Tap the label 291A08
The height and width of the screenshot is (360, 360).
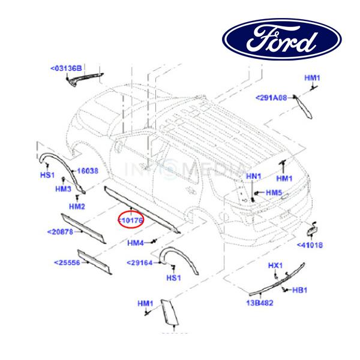[x=272, y=97]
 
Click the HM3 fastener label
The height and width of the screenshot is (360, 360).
[x=62, y=189]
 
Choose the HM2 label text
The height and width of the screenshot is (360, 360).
[x=77, y=206]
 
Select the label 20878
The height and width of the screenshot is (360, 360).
[x=60, y=232]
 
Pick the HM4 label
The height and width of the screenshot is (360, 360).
[x=136, y=243]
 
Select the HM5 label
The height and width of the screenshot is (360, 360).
[x=274, y=193]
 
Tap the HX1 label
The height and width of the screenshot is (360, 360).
[x=275, y=265]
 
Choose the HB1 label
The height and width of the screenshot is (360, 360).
[x=299, y=290]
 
